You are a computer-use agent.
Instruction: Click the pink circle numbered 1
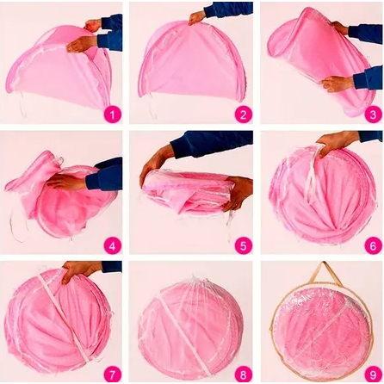[112, 115]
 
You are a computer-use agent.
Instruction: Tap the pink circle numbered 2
[244, 115]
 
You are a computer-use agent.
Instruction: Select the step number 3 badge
[373, 115]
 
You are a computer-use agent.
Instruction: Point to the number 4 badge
[112, 245]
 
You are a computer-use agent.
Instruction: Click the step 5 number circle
[244, 245]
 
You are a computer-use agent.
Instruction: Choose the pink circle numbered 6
[373, 245]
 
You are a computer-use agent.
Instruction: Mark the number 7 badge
[112, 375]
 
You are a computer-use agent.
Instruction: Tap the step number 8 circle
[244, 375]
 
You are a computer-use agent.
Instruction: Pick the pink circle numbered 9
[373, 375]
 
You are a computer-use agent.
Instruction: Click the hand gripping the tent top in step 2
[197, 18]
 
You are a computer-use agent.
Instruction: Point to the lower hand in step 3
[338, 84]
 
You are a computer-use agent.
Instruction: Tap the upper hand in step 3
[341, 28]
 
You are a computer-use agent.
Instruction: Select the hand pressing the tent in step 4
[65, 182]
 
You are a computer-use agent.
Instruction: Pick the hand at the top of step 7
[79, 270]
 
